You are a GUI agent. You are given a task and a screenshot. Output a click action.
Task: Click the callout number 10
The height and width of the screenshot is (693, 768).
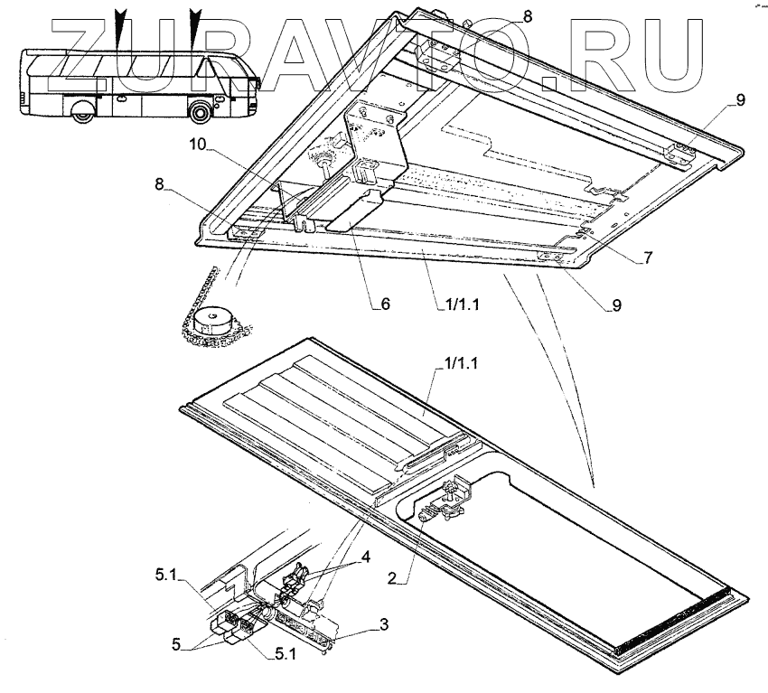click(x=198, y=145)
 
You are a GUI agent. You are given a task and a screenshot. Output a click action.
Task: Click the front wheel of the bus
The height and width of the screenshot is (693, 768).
click(x=200, y=113)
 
